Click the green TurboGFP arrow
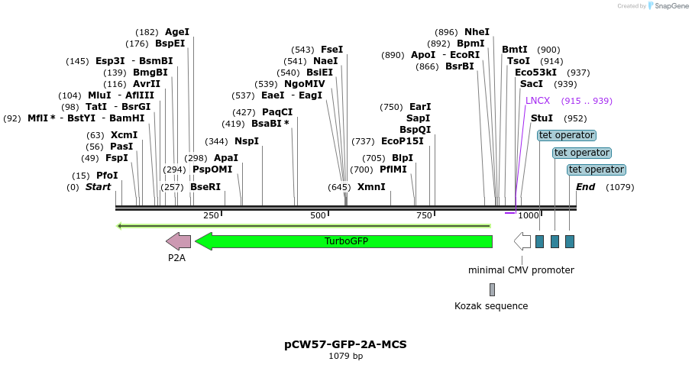(344, 241)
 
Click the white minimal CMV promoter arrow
(522, 241)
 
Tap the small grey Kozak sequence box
(492, 289)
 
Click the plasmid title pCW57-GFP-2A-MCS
(345, 344)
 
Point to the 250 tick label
(211, 216)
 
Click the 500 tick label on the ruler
(318, 216)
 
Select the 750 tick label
(425, 216)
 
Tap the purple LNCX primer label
(538, 101)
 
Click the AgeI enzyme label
(177, 32)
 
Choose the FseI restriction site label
(331, 50)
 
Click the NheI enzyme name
(477, 32)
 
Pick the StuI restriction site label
(542, 118)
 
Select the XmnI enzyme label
(371, 187)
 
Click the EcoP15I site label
(403, 141)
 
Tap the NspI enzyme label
(247, 141)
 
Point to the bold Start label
(98, 187)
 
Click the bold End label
(585, 187)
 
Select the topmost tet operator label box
(567, 135)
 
